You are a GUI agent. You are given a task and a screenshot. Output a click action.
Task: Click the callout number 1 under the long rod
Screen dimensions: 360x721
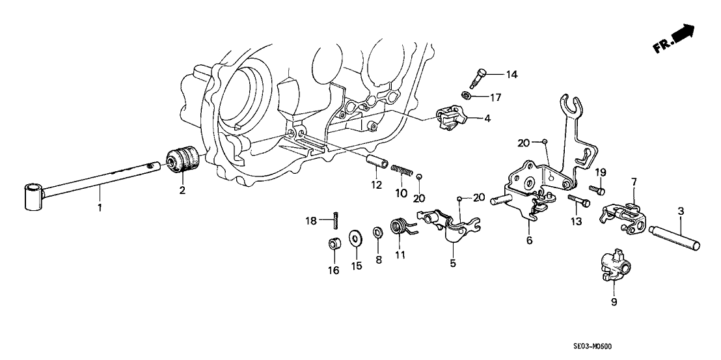click(x=100, y=208)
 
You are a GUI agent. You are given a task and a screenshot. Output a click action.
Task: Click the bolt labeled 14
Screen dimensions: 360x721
click(x=478, y=74)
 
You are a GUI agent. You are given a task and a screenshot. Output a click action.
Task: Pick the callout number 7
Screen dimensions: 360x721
click(x=634, y=180)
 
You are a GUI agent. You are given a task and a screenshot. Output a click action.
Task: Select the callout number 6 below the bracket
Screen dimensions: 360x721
click(x=529, y=241)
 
